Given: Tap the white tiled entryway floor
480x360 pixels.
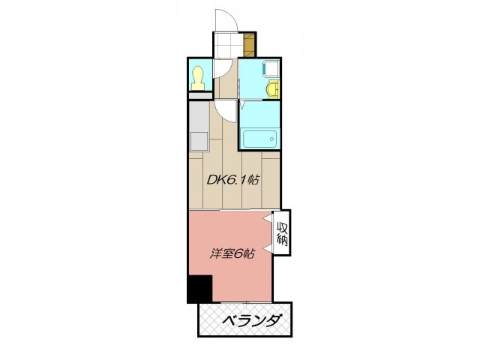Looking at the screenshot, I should tap(228, 44).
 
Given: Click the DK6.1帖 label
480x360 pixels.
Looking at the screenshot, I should tap(233, 180).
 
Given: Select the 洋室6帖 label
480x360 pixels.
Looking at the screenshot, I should tap(232, 253).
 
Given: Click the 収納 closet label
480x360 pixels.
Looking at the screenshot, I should tap(282, 233).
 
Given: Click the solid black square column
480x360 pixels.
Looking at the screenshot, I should tap(200, 289).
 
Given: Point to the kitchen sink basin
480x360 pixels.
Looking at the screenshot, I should tap(199, 140).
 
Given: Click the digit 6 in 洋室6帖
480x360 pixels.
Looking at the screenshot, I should tap(238, 253).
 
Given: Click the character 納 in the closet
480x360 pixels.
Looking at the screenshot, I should tap(282, 240).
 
